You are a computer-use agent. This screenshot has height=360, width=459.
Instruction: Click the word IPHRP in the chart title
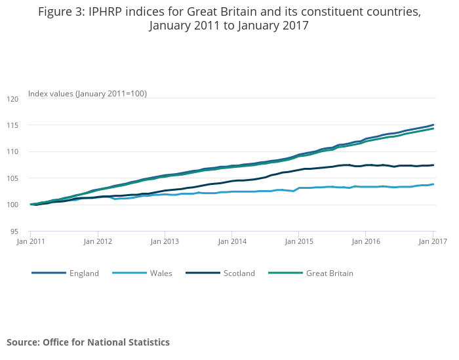[110, 12]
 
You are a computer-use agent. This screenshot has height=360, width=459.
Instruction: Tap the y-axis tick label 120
[13, 99]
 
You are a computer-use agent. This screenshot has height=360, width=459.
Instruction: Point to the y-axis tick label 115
[13, 125]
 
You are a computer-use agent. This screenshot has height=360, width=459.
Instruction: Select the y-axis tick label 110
[13, 152]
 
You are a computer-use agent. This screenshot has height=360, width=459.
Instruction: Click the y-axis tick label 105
[13, 178]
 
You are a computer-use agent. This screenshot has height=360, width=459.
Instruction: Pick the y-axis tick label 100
[13, 205]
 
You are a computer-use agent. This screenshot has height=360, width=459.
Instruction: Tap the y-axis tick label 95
[15, 231]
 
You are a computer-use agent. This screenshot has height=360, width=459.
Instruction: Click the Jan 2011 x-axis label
[30, 241]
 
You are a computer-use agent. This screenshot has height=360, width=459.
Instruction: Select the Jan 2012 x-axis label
[97, 241]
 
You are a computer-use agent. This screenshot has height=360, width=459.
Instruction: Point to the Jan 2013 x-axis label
[165, 241]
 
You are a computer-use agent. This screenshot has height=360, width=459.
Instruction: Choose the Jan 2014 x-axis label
[231, 241]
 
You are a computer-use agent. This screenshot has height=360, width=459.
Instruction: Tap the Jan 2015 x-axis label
[298, 241]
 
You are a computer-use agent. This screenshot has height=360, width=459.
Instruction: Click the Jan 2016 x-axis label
[366, 241]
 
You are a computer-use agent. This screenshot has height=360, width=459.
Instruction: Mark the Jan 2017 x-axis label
[432, 241]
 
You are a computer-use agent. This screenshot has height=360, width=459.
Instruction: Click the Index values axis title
[87, 94]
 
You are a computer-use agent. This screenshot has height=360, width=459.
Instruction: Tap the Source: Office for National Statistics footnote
[88, 342]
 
